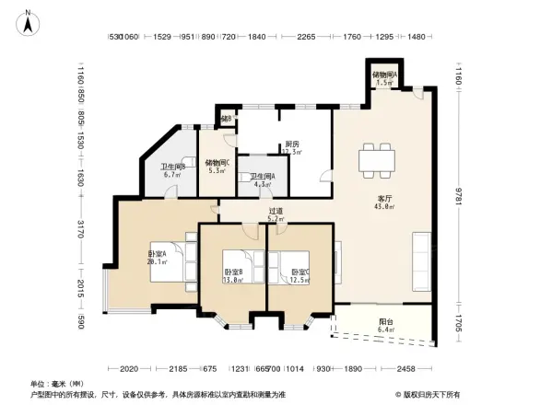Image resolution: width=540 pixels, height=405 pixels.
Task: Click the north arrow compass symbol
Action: tap(29, 21)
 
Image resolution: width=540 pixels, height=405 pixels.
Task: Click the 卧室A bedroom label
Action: tap(157, 257)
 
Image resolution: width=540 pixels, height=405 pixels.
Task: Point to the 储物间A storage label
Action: tap(384, 77)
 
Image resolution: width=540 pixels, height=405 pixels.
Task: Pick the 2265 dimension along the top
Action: tap(306, 37)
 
